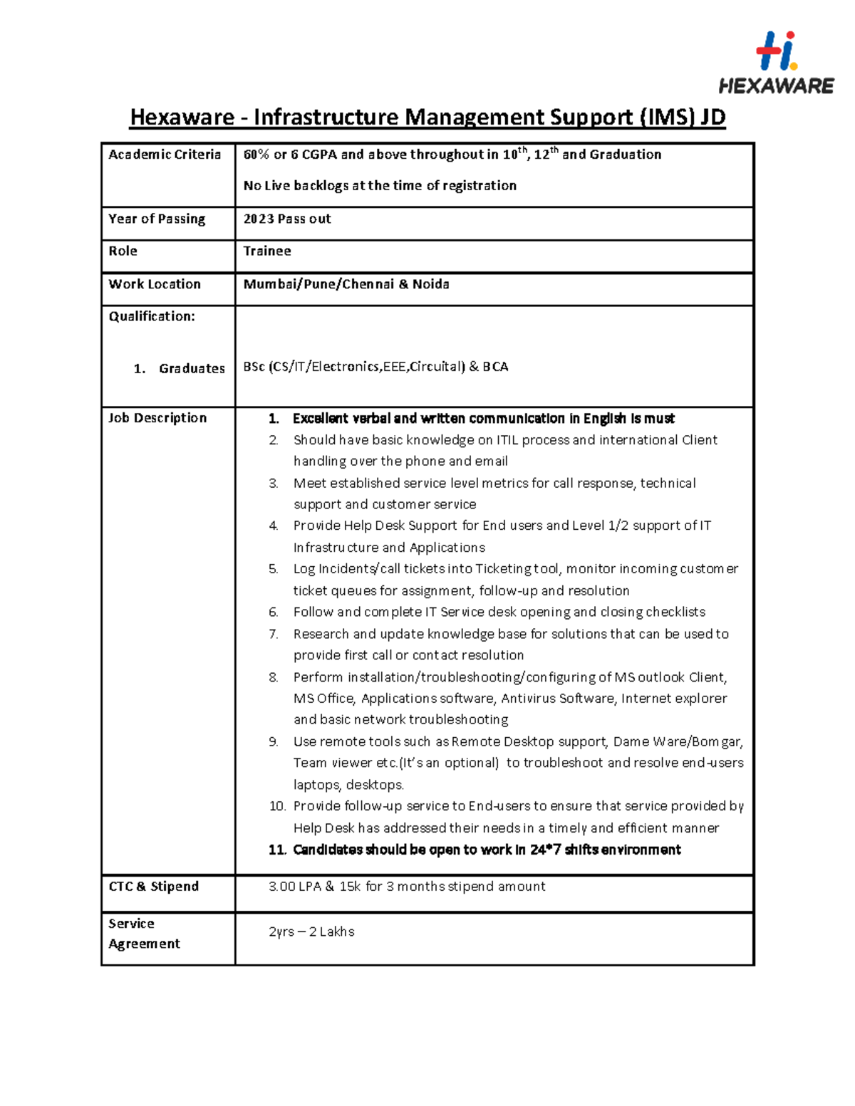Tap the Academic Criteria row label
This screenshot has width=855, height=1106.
(x=165, y=155)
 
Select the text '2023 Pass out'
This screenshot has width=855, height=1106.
(x=287, y=219)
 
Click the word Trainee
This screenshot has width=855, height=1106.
(x=267, y=251)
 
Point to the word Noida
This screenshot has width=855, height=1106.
(x=430, y=284)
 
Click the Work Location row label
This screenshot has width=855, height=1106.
(x=155, y=284)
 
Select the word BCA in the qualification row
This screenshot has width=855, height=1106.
(x=495, y=367)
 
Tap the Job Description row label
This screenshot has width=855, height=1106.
(x=157, y=418)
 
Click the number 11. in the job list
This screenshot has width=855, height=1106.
(x=277, y=850)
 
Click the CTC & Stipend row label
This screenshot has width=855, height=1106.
(x=154, y=887)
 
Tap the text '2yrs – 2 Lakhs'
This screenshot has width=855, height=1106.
(x=311, y=932)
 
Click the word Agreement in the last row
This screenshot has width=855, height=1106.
(x=144, y=944)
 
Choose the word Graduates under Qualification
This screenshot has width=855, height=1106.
(x=192, y=369)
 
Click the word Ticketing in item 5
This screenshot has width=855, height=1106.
(x=503, y=569)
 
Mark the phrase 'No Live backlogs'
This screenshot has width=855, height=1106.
(x=296, y=186)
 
